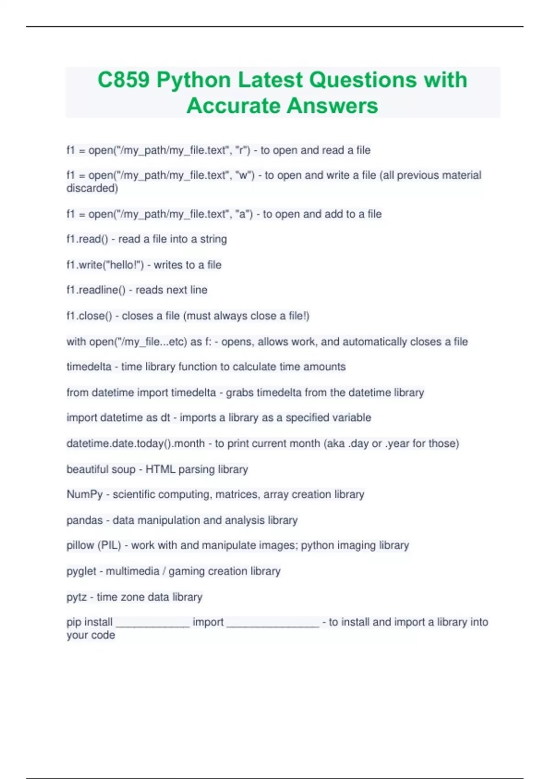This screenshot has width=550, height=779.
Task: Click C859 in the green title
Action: click(123, 80)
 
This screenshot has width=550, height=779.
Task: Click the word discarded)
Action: click(92, 188)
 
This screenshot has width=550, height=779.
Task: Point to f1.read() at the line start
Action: click(87, 239)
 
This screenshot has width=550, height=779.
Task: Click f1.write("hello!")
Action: click(105, 265)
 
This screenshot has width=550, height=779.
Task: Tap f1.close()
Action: click(89, 316)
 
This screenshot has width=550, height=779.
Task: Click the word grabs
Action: click(239, 393)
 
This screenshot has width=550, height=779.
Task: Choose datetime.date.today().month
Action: click(136, 444)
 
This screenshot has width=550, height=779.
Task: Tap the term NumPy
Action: click(84, 494)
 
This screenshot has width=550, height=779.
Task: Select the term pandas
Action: click(84, 521)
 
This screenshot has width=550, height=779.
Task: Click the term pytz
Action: click(76, 597)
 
